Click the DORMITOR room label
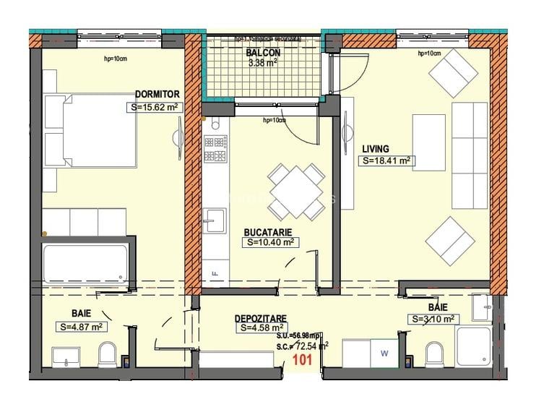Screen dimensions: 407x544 point(157,94)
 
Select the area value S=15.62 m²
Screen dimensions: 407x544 point(154,107)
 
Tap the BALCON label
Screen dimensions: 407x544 point(262,53)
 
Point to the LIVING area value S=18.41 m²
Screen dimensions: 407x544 point(387,161)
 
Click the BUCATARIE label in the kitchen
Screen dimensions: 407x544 point(267,231)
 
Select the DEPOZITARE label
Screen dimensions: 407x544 point(261,317)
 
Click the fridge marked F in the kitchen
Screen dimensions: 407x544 point(215,272)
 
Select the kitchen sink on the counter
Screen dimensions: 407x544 point(215,220)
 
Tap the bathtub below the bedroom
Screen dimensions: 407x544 point(86,265)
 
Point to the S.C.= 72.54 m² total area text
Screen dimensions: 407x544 point(302,346)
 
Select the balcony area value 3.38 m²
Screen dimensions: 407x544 point(262,63)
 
